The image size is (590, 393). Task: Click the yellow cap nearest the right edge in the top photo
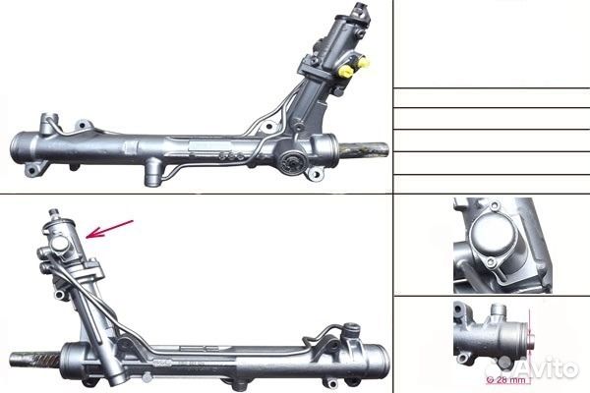(363, 62)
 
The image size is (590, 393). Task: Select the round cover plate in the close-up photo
(492, 237)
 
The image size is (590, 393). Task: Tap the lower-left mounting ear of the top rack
(35, 173)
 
